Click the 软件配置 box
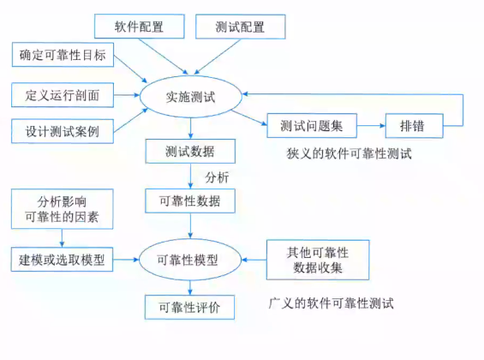(x=139, y=27)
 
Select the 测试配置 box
(x=240, y=27)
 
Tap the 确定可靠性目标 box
(x=63, y=57)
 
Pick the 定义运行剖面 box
(x=63, y=94)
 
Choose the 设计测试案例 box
(x=63, y=131)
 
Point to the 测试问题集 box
(x=312, y=125)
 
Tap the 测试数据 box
(x=190, y=152)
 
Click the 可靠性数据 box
(x=190, y=201)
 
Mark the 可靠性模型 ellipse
(x=190, y=258)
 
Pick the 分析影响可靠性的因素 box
(x=63, y=208)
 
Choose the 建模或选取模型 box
(x=63, y=258)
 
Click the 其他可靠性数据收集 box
(x=318, y=258)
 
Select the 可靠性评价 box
(x=190, y=306)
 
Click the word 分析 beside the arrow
(x=218, y=177)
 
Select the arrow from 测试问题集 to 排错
(x=371, y=125)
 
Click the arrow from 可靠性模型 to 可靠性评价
(x=190, y=285)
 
